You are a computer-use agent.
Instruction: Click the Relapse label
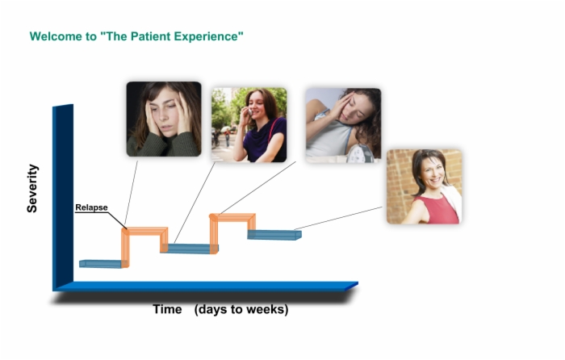pos(91,207)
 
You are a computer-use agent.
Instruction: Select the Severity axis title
pos(32,188)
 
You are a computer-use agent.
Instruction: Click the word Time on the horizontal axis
pos(167,309)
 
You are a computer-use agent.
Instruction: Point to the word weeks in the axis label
pos(266,309)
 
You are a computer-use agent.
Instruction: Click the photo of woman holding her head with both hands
pos(164,119)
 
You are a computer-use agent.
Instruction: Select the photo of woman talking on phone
pos(249,124)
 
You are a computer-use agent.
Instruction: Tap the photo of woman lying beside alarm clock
pos(343,125)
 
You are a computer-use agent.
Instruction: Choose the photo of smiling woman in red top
pos(424,186)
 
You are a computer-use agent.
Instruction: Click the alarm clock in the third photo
pos(360,154)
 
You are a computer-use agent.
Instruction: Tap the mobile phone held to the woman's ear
pos(249,111)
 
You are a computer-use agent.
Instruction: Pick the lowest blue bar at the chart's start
pos(101,264)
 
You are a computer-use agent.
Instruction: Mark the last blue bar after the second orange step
pos(274,235)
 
